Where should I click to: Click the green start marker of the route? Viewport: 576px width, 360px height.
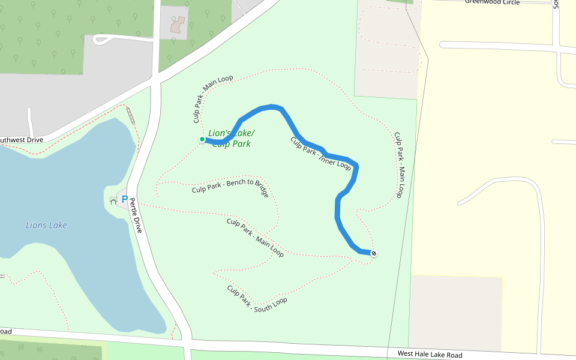(202, 139)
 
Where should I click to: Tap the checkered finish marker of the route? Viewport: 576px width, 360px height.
(373, 254)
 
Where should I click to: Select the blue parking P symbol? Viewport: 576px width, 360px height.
(125, 199)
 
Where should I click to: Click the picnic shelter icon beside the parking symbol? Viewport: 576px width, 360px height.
(113, 200)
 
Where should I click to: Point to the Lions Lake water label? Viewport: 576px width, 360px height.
(46, 226)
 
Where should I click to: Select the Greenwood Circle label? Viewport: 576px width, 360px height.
(492, 2)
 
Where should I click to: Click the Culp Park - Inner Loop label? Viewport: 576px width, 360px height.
(320, 154)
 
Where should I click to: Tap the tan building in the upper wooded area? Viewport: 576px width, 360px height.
(178, 25)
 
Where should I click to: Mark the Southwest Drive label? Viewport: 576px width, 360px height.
(22, 140)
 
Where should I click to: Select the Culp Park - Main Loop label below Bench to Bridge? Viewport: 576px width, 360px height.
(255, 238)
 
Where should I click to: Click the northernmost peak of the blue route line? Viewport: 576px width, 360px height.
(274, 107)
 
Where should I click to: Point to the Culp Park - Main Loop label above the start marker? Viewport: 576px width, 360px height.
(213, 100)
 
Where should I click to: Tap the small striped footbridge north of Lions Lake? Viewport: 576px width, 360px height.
(130, 115)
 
